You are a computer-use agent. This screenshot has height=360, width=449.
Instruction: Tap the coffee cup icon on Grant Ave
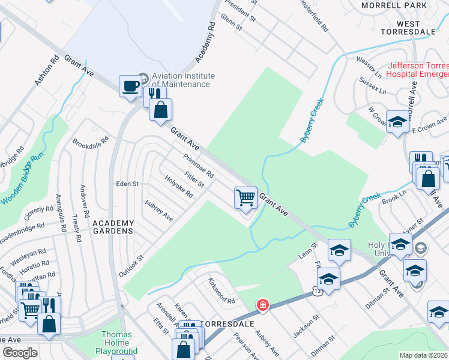pos(130,88)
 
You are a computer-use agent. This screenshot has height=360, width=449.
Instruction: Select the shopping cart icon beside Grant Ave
pos(246,197)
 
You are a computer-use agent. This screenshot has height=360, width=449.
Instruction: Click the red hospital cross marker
pos(262,305)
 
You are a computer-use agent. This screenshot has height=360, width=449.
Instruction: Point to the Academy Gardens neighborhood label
pos(112,226)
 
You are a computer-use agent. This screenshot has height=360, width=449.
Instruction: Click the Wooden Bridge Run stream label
pos(22,180)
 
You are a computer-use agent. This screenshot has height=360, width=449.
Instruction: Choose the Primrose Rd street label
pos(199,163)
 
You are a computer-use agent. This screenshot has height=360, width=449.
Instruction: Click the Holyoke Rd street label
pos(179,186)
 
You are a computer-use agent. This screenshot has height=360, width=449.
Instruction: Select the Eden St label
pos(127,184)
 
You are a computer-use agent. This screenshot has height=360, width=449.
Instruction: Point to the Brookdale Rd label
pos(90,143)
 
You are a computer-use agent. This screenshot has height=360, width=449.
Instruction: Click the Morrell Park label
pos(394,5)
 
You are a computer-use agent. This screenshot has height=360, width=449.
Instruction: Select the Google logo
pos(20,353)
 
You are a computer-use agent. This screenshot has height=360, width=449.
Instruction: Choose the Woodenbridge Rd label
pos(23,231)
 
